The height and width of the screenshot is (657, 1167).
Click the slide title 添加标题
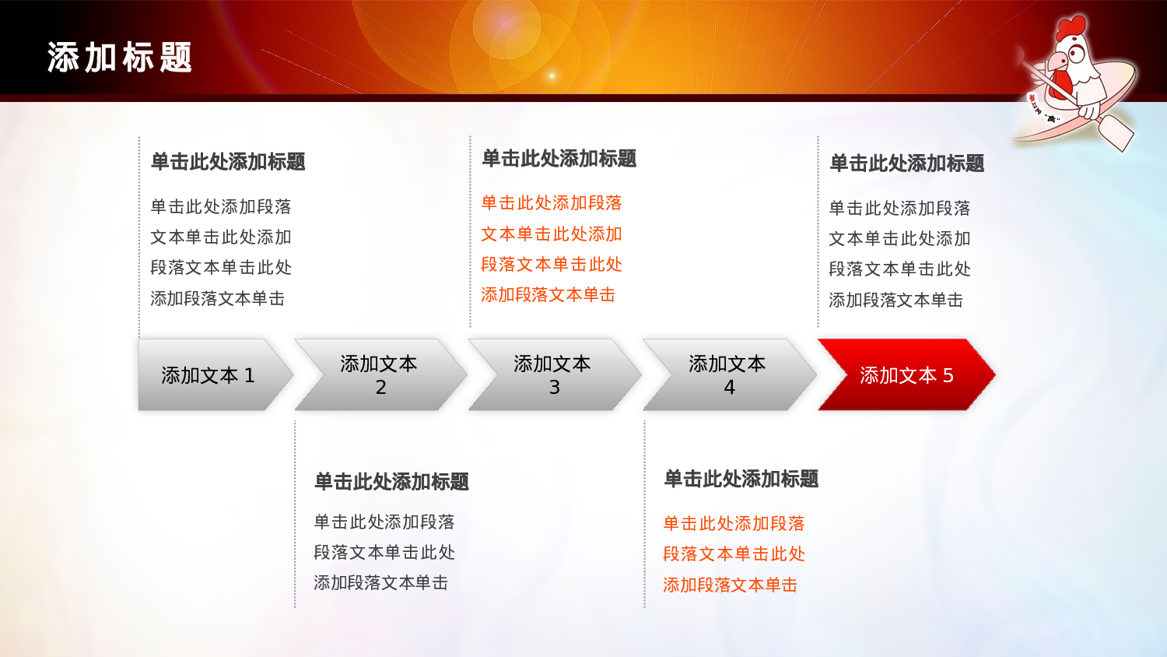[x=120, y=58]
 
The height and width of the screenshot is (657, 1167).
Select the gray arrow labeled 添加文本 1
[x=209, y=375]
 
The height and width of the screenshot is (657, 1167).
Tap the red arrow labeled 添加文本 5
[x=906, y=375]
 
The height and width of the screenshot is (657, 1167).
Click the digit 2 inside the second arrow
[x=380, y=388]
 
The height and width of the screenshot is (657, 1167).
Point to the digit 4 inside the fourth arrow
[x=729, y=388]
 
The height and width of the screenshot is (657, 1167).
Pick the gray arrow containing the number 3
[x=552, y=374]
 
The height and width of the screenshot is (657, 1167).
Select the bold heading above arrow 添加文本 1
[x=228, y=162]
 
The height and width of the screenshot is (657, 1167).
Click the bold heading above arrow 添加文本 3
[x=559, y=159]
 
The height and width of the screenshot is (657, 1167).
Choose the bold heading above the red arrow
[x=907, y=163]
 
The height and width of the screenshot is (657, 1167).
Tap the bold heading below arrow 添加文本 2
[x=391, y=482]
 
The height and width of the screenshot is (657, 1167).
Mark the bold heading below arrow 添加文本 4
[x=741, y=479]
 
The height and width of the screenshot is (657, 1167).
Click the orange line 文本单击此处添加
[x=552, y=234]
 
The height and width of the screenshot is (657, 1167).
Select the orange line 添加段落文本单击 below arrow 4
[x=730, y=585]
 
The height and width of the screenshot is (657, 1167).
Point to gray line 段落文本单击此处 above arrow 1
[x=221, y=268]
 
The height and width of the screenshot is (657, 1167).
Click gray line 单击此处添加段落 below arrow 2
[x=384, y=522]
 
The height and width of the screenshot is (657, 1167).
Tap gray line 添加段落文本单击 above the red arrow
[x=895, y=300]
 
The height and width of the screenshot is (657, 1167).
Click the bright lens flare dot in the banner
[x=552, y=76]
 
